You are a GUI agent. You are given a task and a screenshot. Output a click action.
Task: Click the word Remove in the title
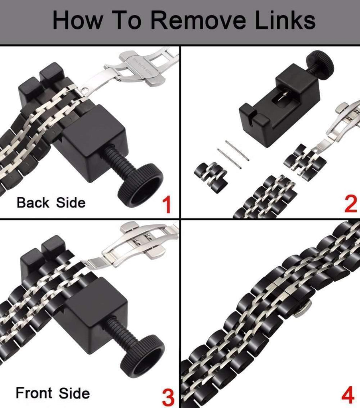point(198,21)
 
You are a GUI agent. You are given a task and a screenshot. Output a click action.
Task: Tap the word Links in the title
point(285,20)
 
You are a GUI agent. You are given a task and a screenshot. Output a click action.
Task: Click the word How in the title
point(77,20)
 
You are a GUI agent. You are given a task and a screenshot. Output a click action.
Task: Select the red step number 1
point(167,205)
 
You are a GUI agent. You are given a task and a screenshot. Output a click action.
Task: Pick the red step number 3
point(168,397)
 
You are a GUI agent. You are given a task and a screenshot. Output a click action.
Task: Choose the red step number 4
point(348,394)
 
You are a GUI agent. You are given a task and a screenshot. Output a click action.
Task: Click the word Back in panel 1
point(33,202)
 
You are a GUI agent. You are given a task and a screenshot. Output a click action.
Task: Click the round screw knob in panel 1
point(141,186)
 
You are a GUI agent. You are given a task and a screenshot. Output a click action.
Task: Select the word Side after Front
point(74,393)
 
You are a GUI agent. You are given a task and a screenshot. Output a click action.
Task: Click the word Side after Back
point(71,203)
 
